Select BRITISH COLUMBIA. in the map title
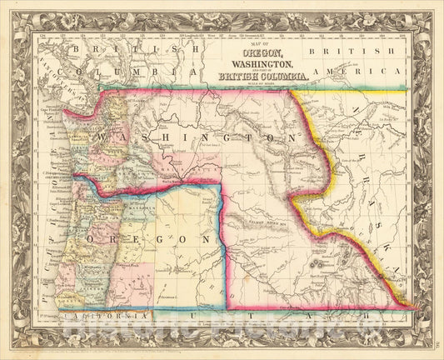(262, 77)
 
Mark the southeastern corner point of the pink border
(414, 307)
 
